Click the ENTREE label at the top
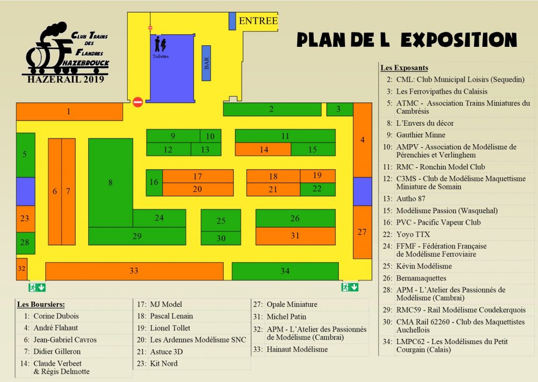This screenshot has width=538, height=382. [257, 21]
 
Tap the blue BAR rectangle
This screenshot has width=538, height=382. [206, 63]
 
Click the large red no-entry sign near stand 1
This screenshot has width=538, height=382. [138, 102]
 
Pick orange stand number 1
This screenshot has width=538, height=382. [69, 112]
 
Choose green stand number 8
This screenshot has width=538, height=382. [110, 183]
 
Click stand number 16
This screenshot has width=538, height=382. [154, 183]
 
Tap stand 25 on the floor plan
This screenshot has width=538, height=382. [221, 220]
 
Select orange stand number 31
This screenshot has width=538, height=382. [295, 236]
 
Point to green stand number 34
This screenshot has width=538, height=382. [285, 271]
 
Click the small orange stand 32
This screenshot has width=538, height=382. [22, 268]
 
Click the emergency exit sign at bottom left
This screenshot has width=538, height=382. [37, 287]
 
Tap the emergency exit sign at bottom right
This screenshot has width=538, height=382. [350, 287]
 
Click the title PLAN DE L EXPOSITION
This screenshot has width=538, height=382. [406, 40]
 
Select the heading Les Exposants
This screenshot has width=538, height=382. [404, 68]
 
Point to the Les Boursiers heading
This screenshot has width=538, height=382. [40, 304]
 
